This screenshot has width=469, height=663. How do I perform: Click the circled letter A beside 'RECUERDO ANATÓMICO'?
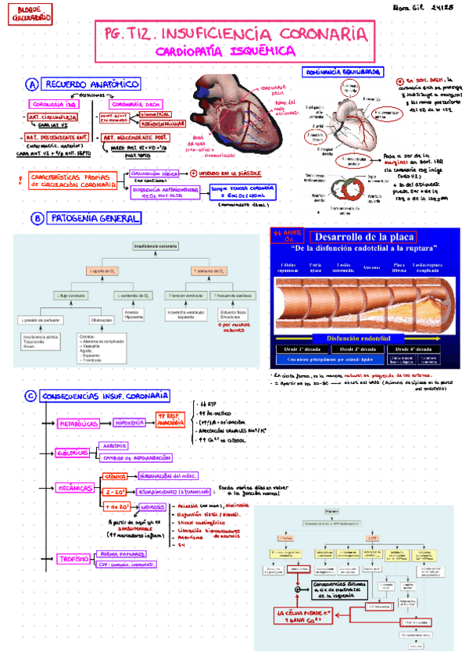coord(32,84)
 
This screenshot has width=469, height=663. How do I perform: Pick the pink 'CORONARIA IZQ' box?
coord(54,104)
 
